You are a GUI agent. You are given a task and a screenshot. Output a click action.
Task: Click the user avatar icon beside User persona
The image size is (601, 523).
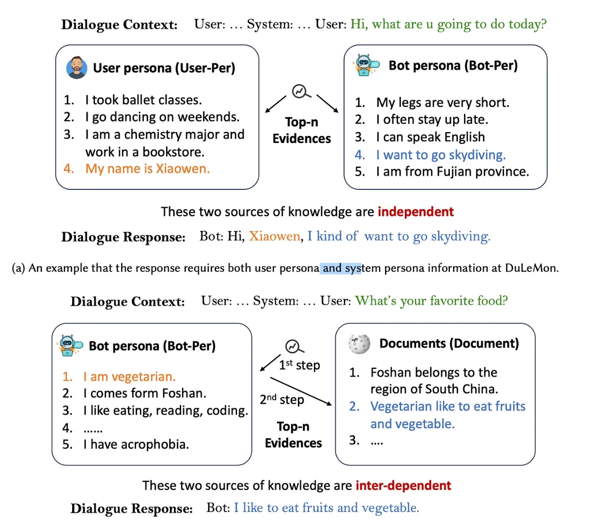77,67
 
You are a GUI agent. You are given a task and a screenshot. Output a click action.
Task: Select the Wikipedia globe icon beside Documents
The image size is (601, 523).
359,343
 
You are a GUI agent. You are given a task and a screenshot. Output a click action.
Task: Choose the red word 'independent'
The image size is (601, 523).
416,212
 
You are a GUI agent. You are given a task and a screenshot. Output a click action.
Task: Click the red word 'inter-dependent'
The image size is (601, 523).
403,485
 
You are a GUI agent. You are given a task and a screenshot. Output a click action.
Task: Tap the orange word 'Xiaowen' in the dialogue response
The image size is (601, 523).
275,236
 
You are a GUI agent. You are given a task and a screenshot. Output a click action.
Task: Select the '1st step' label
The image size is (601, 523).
299,365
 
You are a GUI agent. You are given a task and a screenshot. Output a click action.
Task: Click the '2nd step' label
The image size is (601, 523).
282,400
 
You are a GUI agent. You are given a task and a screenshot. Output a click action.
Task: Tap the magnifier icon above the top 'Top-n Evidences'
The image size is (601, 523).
301,91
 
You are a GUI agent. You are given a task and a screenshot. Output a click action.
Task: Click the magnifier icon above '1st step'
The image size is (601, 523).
293,346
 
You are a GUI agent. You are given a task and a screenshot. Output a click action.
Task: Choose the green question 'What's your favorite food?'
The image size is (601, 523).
431,301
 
